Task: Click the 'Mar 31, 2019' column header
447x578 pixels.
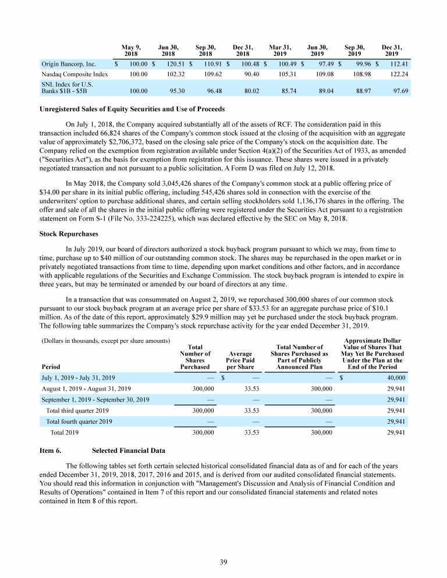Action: (281, 50)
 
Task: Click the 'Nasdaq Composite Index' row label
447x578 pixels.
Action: (74, 75)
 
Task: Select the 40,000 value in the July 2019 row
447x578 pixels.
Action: (395, 377)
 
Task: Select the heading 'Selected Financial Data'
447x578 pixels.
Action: (128, 451)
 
